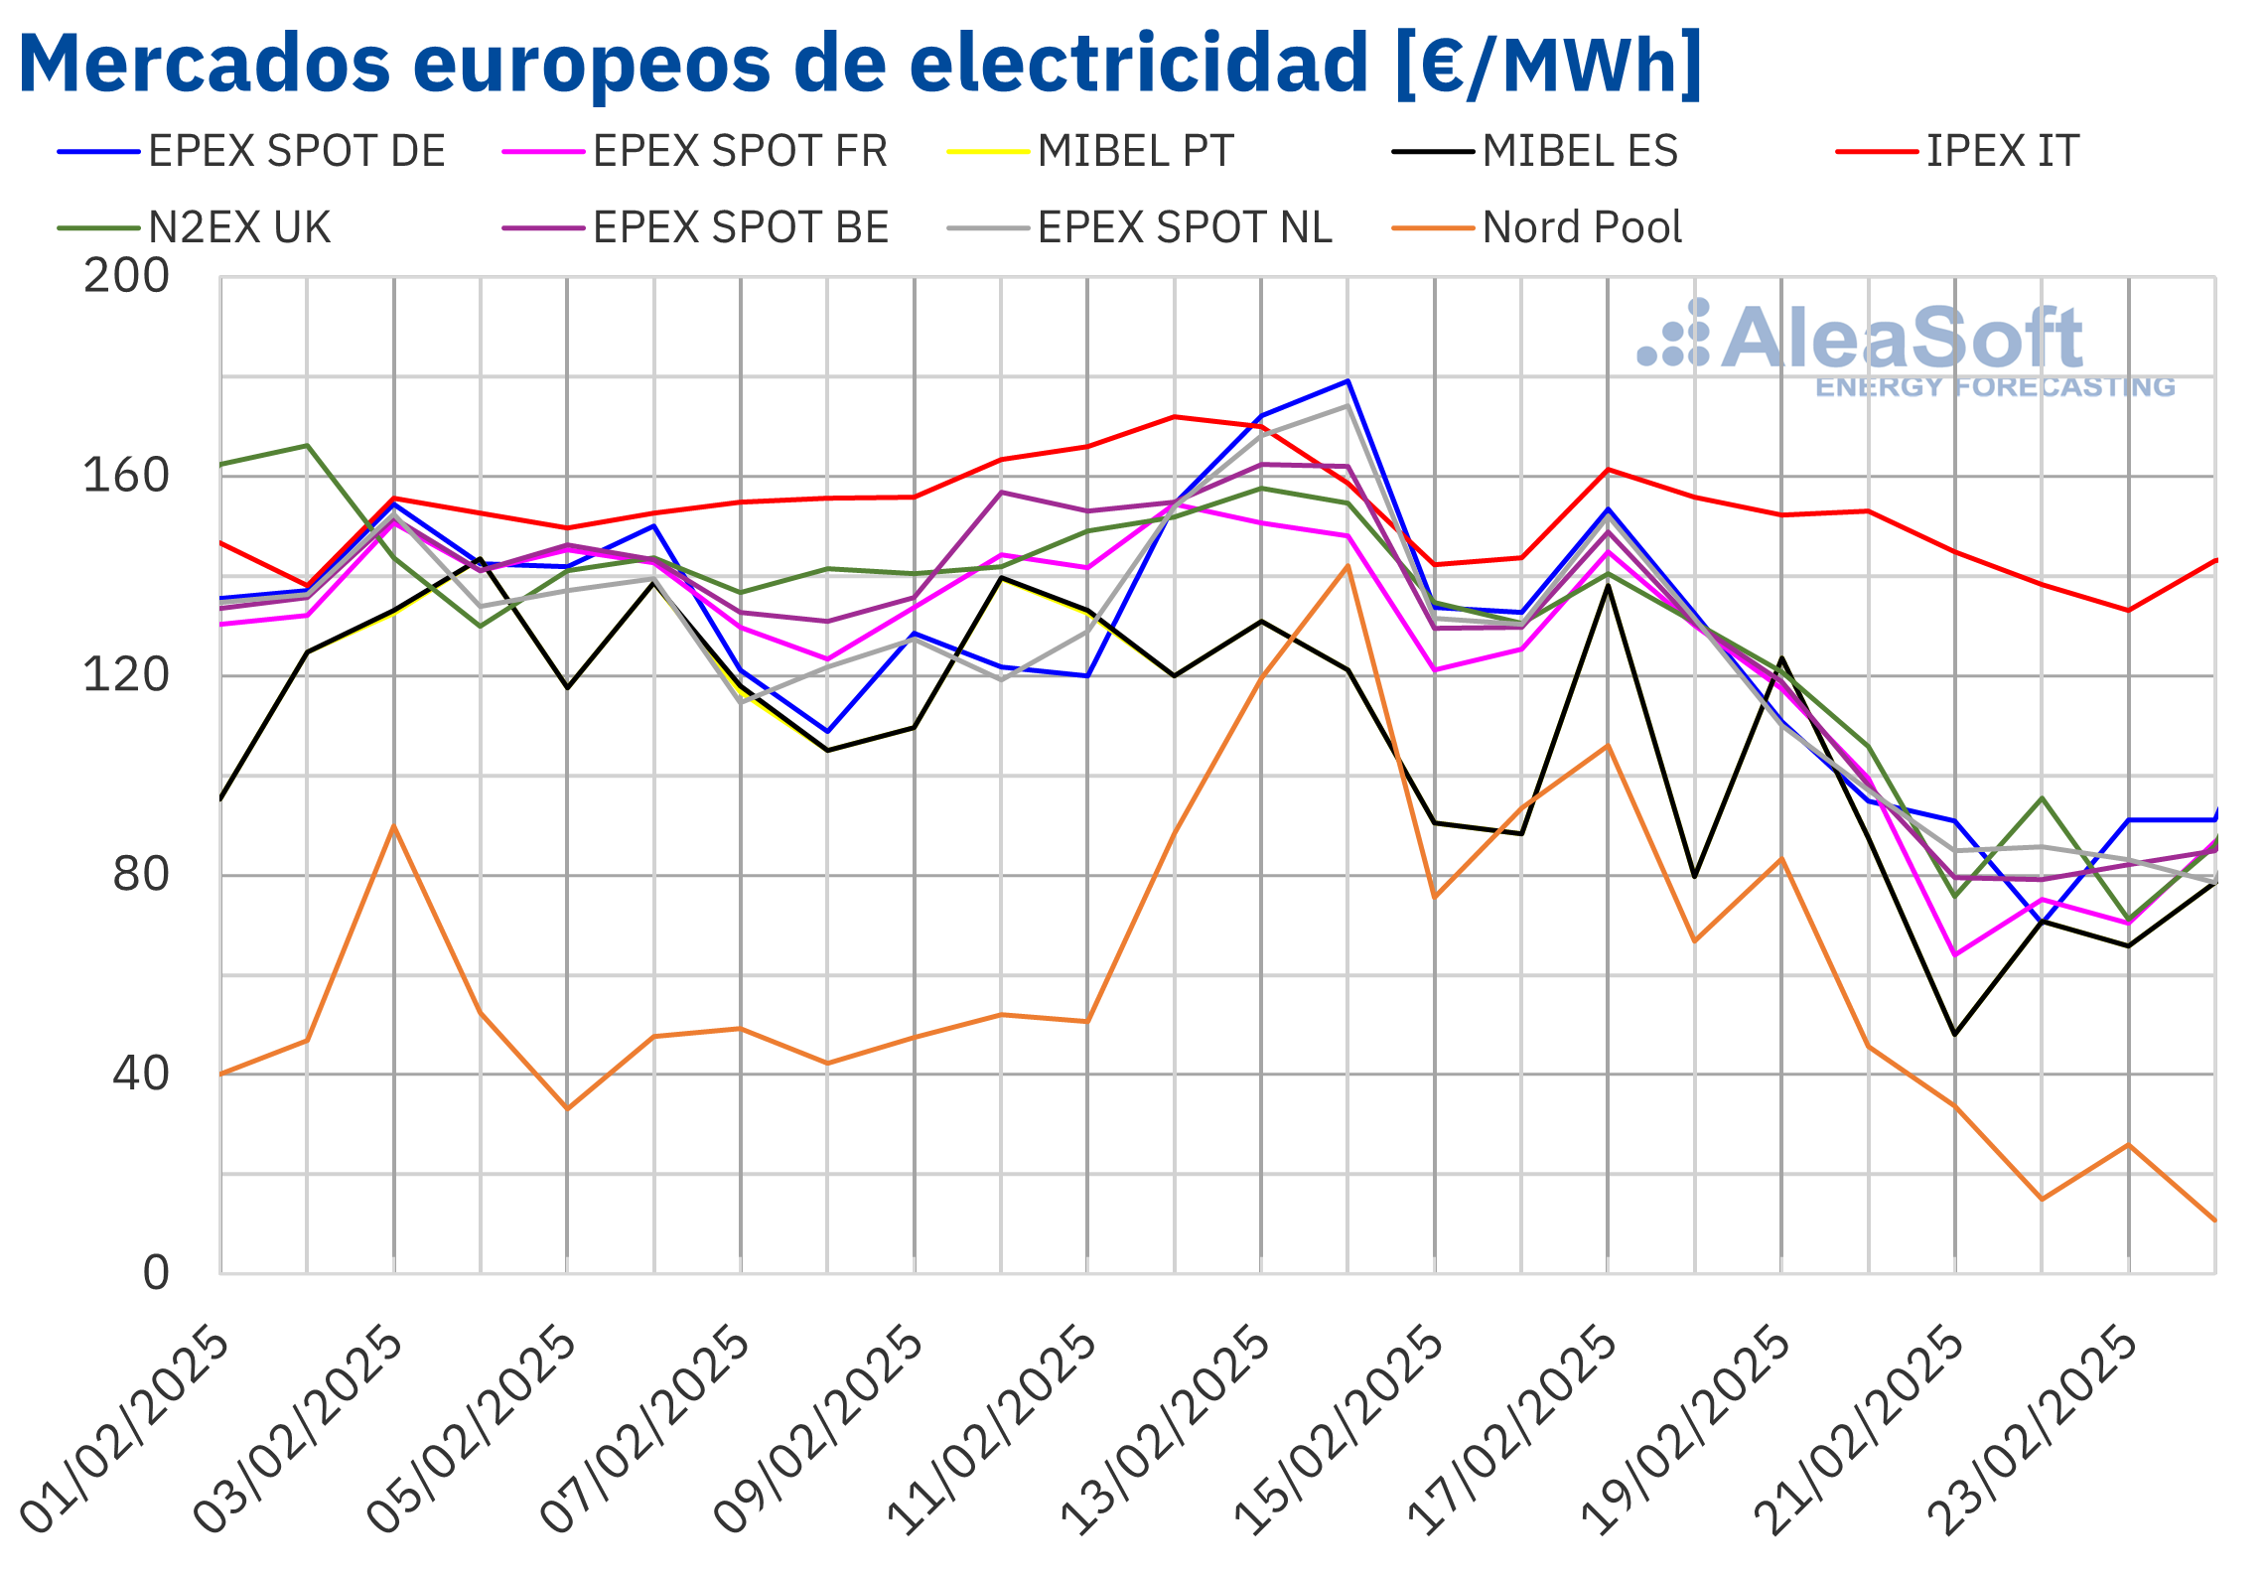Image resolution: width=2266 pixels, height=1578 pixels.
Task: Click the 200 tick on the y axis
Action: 126,276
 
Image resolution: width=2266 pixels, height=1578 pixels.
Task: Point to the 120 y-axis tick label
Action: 126,675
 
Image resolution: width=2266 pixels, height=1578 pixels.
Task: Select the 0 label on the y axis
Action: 156,1273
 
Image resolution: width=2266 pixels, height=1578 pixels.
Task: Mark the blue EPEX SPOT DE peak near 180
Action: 1347,381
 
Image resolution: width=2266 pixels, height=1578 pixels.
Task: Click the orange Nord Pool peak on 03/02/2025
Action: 394,826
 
